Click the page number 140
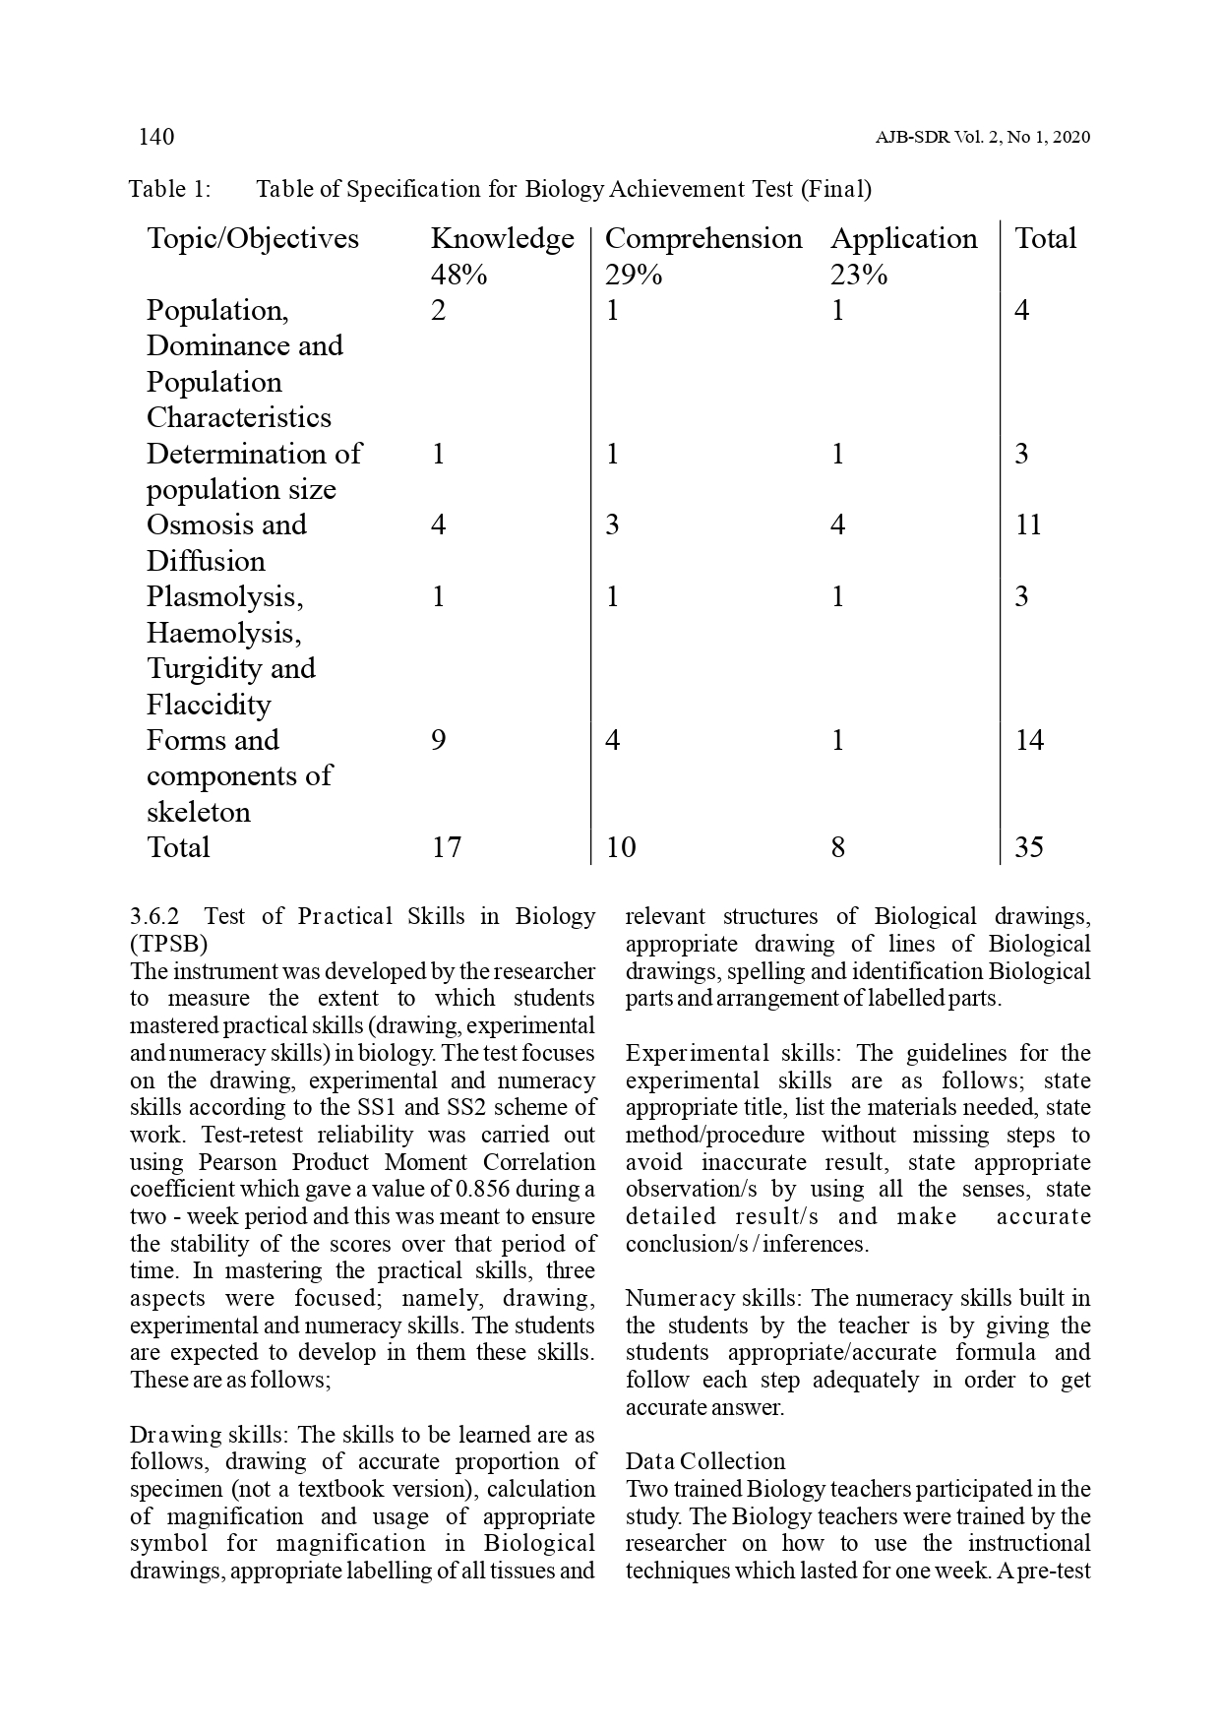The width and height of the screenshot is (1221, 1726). pos(156,137)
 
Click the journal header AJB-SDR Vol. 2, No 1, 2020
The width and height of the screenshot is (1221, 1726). pos(982,138)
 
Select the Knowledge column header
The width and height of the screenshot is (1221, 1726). pos(502,238)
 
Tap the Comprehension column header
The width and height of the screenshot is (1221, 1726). pos(702,238)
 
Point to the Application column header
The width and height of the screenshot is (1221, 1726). pos(903,238)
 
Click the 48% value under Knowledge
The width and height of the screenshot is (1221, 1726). pos(458,275)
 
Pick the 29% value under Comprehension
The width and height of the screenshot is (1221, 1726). pos(633,275)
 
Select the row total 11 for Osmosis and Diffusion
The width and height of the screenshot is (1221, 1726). pos(1028,524)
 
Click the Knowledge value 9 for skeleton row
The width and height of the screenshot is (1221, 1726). pos(439,740)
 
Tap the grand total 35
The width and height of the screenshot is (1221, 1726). pos(1028,847)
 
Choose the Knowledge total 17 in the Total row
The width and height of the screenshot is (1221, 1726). pos(446,847)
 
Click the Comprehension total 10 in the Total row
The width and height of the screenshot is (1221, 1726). pos(621,847)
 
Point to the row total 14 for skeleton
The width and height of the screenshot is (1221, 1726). pos(1029,740)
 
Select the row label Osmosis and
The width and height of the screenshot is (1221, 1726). pos(226,524)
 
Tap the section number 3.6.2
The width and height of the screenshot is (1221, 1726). pos(154,916)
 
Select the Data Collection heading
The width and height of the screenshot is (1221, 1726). pos(705,1461)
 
